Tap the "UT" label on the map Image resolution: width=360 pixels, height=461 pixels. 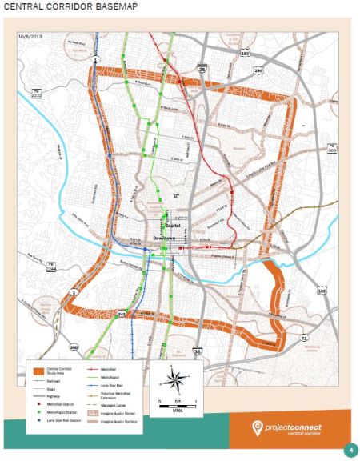click(x=177, y=194)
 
